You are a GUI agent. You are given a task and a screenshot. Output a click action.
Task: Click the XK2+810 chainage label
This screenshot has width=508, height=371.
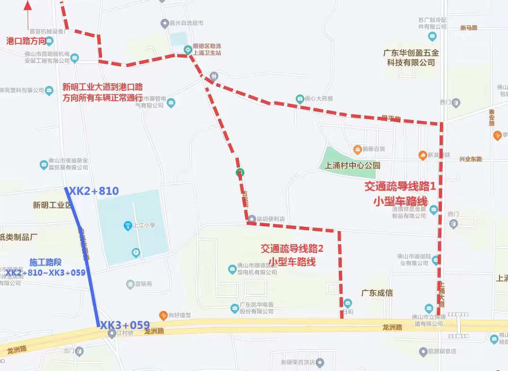point(94,191)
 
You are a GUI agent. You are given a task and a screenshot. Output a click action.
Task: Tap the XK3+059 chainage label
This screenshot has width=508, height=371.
point(125,325)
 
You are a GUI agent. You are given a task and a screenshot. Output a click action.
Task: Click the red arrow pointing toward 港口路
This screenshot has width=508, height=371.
point(28,14)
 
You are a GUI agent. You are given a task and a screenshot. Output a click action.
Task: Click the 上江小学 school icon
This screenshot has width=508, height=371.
point(127,225)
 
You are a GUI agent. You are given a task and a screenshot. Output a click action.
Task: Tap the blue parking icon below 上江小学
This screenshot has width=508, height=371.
point(136,253)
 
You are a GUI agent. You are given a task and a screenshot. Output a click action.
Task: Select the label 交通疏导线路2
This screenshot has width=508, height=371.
point(292,248)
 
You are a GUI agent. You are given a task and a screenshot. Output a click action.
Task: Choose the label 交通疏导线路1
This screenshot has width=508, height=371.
point(400,187)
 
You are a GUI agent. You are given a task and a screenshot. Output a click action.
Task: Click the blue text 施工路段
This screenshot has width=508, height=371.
point(45,262)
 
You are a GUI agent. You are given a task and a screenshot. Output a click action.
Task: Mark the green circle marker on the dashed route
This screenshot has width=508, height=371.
point(240,173)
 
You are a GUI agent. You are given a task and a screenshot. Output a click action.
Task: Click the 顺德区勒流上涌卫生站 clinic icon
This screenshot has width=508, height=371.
point(188,49)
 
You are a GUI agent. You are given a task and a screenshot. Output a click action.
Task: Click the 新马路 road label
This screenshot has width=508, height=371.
point(468,28)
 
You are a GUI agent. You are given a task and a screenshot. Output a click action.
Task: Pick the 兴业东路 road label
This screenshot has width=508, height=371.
point(470,159)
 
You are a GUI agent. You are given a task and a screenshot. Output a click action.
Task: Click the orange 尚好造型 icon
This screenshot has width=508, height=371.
point(163,315)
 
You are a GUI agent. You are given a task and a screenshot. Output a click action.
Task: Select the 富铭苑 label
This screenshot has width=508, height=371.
point(144,284)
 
